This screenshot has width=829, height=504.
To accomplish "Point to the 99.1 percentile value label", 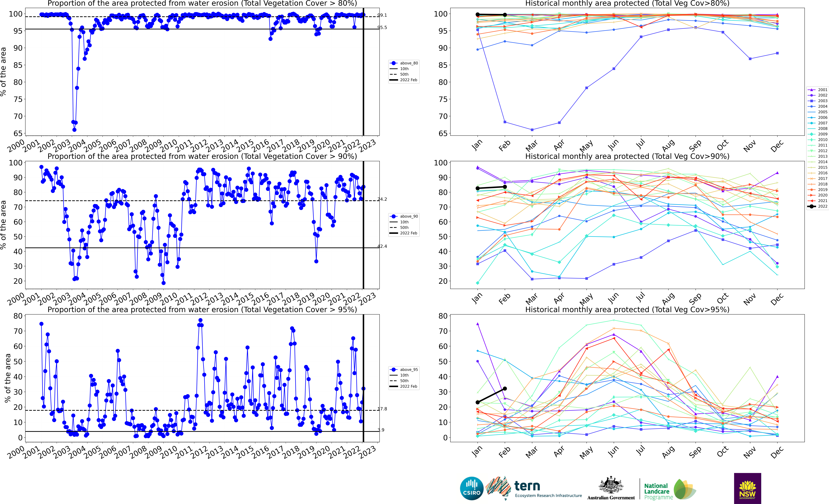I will (x=382, y=15).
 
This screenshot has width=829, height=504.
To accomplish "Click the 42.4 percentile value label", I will (x=382, y=246).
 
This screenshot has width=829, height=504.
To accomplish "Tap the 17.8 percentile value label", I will (x=382, y=409).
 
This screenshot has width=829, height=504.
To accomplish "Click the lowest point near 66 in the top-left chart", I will (x=74, y=130).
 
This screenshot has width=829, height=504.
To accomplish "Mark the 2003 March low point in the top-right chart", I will (x=532, y=130).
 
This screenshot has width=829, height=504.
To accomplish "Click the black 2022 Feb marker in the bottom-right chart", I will (x=505, y=389).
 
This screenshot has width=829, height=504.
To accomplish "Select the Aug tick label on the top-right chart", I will (x=668, y=145).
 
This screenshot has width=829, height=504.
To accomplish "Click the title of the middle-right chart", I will (x=627, y=156).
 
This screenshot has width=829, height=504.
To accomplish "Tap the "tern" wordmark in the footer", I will (x=527, y=486).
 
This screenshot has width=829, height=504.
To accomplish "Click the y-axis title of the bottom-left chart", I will (x=7, y=378).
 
